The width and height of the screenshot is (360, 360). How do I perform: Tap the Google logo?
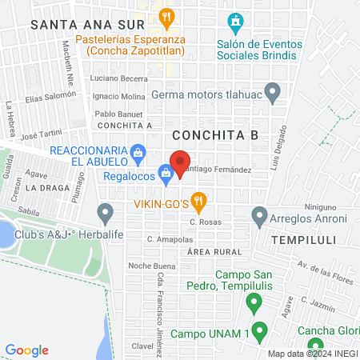point(27,350)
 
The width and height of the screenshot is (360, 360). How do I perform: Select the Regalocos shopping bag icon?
point(165,171)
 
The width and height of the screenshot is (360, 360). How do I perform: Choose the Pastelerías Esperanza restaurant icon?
point(166,15)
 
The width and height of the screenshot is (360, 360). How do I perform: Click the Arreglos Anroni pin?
point(259,215)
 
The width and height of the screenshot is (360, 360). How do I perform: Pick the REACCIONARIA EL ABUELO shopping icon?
point(138,151)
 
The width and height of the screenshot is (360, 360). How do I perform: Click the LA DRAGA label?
point(43,186)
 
